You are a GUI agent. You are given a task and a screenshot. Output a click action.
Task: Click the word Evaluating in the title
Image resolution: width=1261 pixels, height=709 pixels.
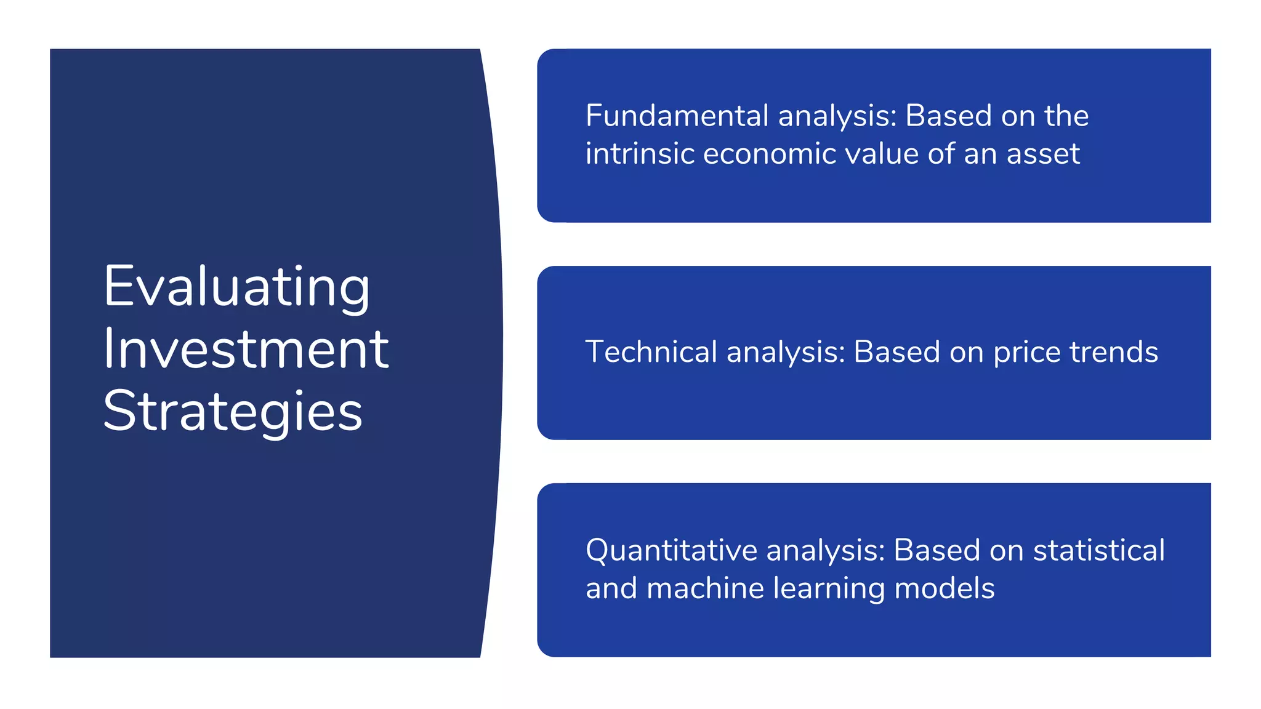pyautogui.click(x=236, y=287)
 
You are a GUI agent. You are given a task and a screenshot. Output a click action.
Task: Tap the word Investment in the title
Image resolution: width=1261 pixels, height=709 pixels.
pyautogui.click(x=246, y=349)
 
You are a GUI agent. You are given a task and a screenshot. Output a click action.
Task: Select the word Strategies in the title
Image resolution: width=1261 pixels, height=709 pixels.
pyautogui.click(x=233, y=411)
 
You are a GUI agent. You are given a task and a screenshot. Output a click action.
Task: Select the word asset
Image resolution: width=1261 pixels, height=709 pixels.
pyautogui.click(x=1043, y=154)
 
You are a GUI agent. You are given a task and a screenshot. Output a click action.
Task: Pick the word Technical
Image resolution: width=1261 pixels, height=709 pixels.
pyautogui.click(x=651, y=352)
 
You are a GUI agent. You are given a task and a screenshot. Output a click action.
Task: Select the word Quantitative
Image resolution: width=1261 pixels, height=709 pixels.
pyautogui.click(x=671, y=551)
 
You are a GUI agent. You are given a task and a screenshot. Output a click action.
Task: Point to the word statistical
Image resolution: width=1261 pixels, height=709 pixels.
pyautogui.click(x=1099, y=550)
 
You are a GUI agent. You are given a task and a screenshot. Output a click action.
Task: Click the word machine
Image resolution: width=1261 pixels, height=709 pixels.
pyautogui.click(x=706, y=588)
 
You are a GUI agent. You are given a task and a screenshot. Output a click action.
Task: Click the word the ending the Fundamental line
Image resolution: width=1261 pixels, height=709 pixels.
pyautogui.click(x=1066, y=116)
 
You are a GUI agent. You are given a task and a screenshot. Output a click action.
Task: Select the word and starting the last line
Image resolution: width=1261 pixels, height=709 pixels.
pyautogui.click(x=611, y=588)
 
